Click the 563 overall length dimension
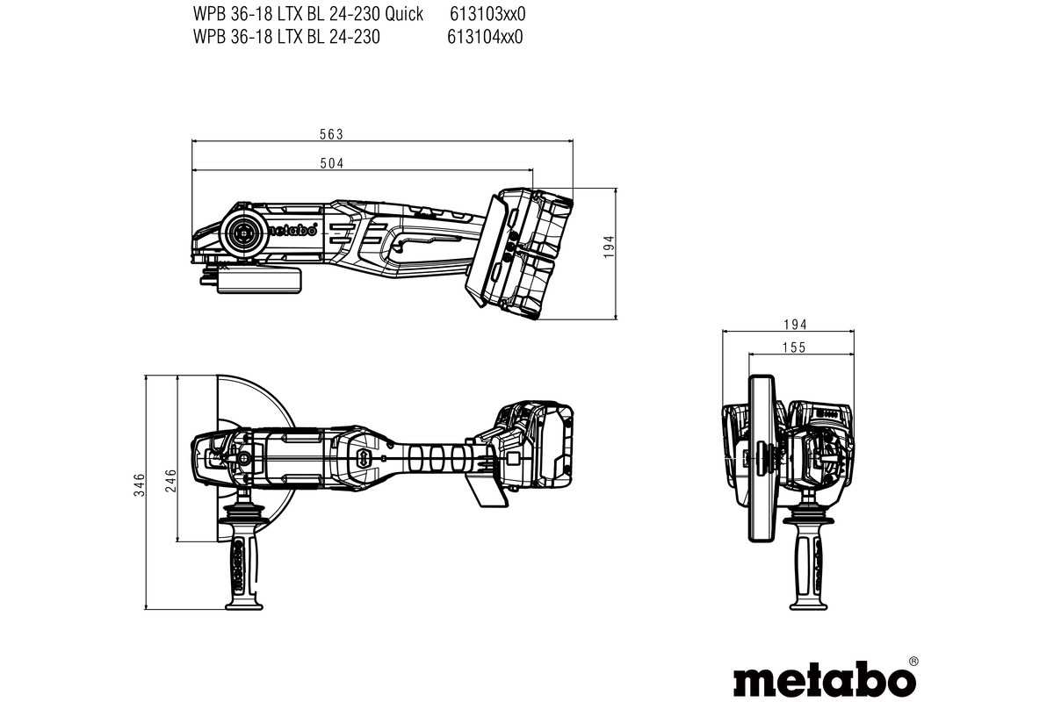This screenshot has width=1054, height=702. coord(331,134)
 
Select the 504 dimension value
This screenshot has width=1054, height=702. coord(331,163)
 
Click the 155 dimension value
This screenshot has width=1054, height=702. coord(793,347)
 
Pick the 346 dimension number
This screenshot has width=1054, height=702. coord(139,485)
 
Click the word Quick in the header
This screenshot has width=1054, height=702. coord(402,13)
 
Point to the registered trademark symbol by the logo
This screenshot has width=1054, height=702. coord(913,660)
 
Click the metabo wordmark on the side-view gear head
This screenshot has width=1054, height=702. coord(290,232)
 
